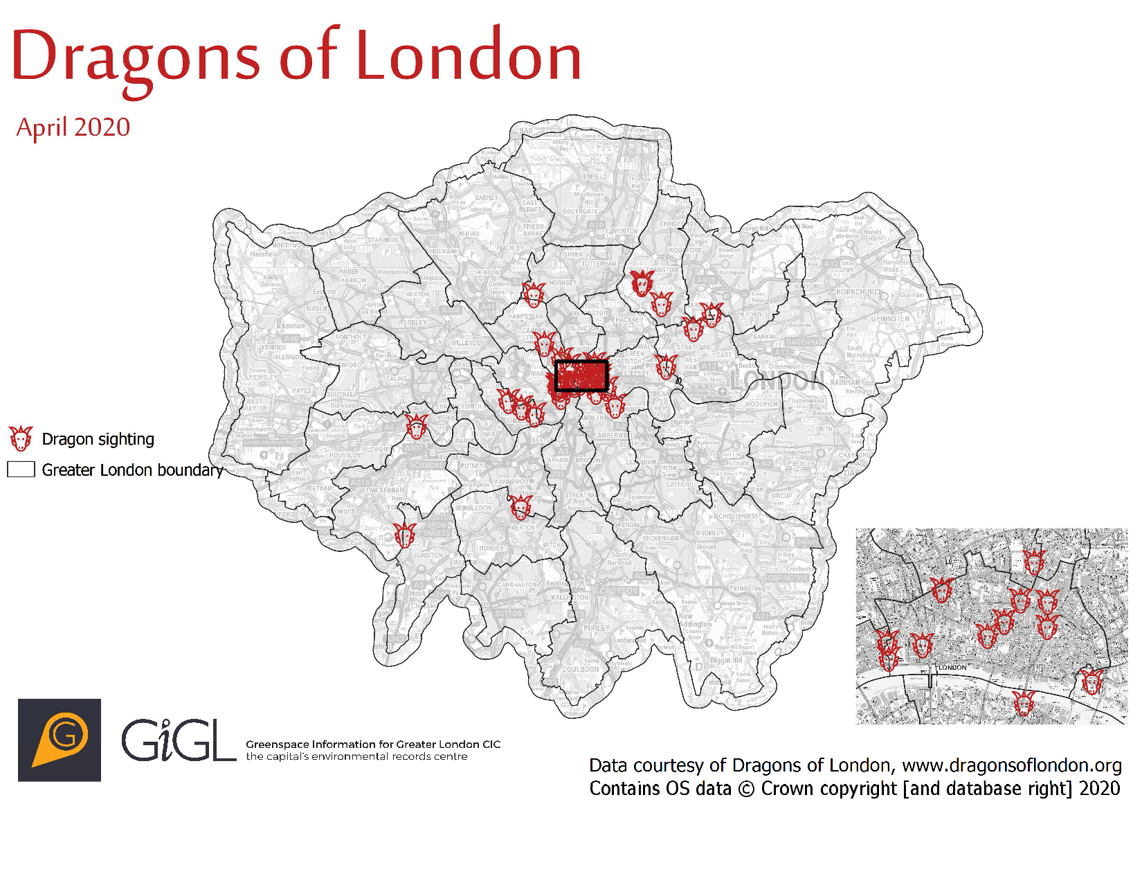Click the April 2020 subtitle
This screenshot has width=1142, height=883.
click(x=73, y=127)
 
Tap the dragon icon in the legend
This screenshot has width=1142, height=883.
click(x=21, y=439)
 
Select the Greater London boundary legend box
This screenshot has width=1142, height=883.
click(x=21, y=470)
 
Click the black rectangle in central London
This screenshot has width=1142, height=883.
click(x=581, y=375)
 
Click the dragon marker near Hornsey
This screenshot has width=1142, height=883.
click(x=533, y=295)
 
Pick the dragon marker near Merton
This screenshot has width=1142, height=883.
click(x=520, y=507)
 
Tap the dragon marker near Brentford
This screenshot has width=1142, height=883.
click(x=416, y=426)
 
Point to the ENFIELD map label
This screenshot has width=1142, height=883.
click(x=595, y=177)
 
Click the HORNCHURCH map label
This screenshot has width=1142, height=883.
click(x=858, y=292)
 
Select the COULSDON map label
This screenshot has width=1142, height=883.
click(x=581, y=670)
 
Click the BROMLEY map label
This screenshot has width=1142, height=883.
click(x=710, y=533)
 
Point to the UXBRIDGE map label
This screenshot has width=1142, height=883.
click(x=271, y=348)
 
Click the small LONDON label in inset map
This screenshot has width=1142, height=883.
click(x=952, y=668)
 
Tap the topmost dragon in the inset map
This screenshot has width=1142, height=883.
click(x=1033, y=562)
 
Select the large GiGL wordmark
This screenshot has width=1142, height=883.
click(x=179, y=740)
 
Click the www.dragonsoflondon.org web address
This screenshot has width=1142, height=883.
click(x=1011, y=765)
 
